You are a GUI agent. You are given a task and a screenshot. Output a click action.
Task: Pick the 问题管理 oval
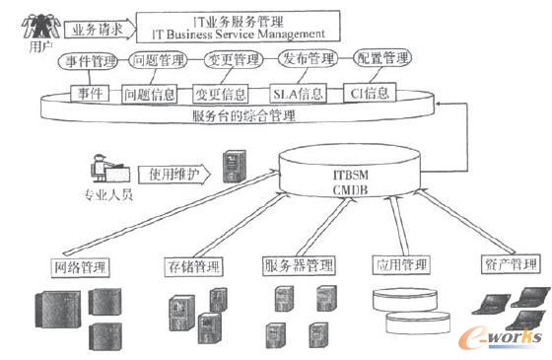coord(157,62)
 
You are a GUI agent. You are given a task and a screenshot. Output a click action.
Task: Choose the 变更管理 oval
coord(231,61)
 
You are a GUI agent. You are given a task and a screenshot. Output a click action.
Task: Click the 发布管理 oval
coord(306,60)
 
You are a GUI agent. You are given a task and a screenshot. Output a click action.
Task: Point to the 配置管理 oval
coord(377,59)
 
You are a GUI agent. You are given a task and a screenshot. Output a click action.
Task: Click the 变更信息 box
coord(220,96)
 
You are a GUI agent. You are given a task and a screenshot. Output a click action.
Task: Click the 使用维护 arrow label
coord(174,173)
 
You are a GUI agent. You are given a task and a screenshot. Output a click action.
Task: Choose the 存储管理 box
coord(193,267)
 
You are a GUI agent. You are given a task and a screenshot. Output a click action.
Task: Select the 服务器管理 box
coord(300,266)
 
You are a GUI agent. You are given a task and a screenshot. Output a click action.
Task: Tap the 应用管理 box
coord(401,265)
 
